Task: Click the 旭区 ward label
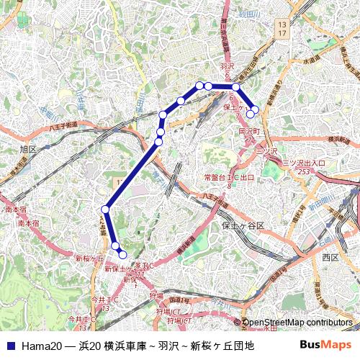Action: tap(28, 149)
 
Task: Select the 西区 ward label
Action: tap(330, 257)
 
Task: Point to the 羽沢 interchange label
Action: tap(226, 66)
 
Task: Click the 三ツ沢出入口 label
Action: tap(302, 163)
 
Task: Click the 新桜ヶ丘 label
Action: tap(90, 258)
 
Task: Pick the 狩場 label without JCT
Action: tap(157, 295)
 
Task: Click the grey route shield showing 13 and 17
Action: tap(282, 29)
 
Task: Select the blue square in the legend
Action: tap(10, 346)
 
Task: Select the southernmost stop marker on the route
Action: tap(122, 254)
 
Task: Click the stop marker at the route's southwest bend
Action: tap(105, 209)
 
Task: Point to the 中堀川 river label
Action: tap(51, 112)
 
